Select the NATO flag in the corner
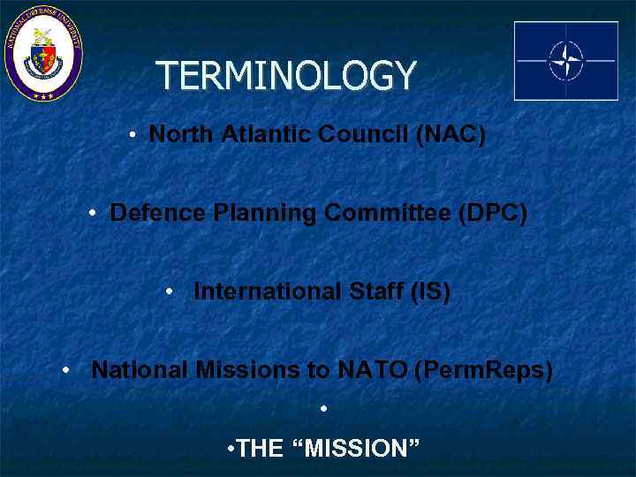(x=566, y=61)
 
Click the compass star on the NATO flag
(x=566, y=61)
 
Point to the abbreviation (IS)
(x=430, y=292)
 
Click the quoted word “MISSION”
(x=360, y=450)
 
